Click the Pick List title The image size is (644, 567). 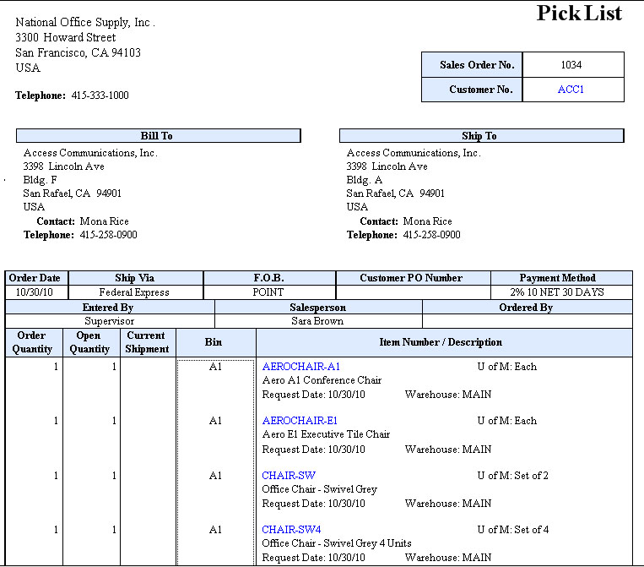[x=579, y=14]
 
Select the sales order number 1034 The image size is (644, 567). [x=571, y=65]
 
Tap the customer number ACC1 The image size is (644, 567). [x=571, y=90]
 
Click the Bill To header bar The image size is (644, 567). [x=158, y=136]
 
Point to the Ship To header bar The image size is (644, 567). [x=480, y=136]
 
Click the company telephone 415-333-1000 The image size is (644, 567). [x=100, y=95]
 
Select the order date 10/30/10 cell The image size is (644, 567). [x=35, y=292]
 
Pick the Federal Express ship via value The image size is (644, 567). [x=134, y=292]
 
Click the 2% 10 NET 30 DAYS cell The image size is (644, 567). [x=561, y=292]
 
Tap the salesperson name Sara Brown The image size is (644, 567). [x=317, y=321]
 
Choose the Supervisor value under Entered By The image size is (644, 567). [x=109, y=321]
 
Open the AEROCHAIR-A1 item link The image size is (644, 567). [x=301, y=367]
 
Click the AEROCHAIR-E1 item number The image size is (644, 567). [x=300, y=421]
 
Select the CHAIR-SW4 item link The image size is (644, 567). [x=291, y=530]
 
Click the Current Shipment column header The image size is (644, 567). [x=147, y=342]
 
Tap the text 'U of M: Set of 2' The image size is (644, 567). [x=512, y=476]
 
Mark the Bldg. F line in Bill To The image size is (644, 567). [x=41, y=180]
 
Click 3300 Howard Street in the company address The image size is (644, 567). [x=66, y=37]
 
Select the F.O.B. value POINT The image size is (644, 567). [x=268, y=292]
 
